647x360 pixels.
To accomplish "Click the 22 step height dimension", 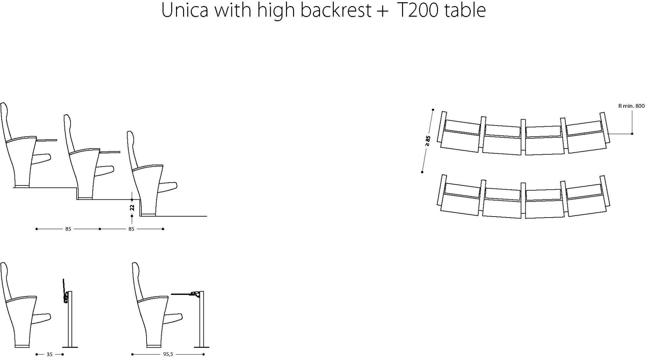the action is click(132, 208).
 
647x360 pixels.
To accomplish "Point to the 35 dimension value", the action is click(49, 354).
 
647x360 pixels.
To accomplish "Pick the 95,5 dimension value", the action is click(168, 354).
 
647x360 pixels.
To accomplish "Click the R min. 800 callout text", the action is click(631, 106).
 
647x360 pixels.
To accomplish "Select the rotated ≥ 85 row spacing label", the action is click(428, 141).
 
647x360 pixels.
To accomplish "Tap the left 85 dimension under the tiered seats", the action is click(68, 229).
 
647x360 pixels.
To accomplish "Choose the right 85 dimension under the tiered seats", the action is click(131, 229).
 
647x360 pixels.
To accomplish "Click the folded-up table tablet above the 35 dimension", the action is click(64, 290).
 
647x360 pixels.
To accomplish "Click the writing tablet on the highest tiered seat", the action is click(47, 140).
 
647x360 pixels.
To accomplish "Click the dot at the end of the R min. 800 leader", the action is click(632, 133).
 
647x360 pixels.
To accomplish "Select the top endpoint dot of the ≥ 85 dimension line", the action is click(433, 110).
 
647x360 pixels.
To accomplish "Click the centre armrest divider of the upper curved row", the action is click(523, 136).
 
